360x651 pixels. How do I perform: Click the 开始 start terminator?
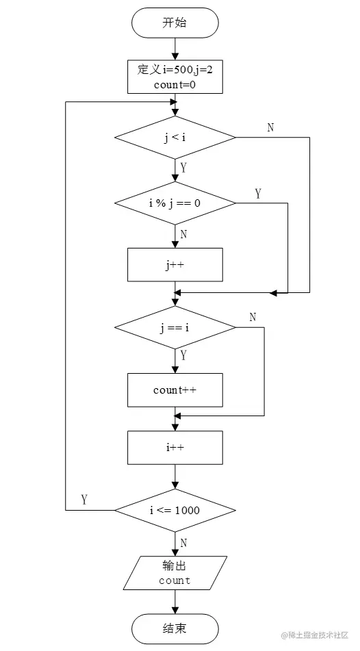point(175,23)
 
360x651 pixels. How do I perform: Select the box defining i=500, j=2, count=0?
point(175,76)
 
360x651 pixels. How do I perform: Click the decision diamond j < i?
point(175,138)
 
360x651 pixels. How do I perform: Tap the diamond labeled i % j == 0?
point(175,203)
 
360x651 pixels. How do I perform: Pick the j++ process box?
point(175,264)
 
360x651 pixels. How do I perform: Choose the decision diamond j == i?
point(175,328)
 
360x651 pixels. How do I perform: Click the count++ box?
point(175,390)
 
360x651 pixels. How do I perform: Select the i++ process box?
point(175,448)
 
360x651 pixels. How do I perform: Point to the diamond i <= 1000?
point(175,510)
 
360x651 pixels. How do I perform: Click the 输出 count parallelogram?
point(175,573)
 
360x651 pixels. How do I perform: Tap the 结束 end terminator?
point(175,628)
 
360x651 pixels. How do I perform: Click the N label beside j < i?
point(270,127)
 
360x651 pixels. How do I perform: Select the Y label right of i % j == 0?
point(258,194)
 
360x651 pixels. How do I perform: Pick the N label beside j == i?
point(253,317)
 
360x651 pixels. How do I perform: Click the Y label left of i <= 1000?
point(84,499)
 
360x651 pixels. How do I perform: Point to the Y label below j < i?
point(183,168)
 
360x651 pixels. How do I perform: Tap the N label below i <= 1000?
point(183,543)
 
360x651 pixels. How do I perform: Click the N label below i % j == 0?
point(183,234)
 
